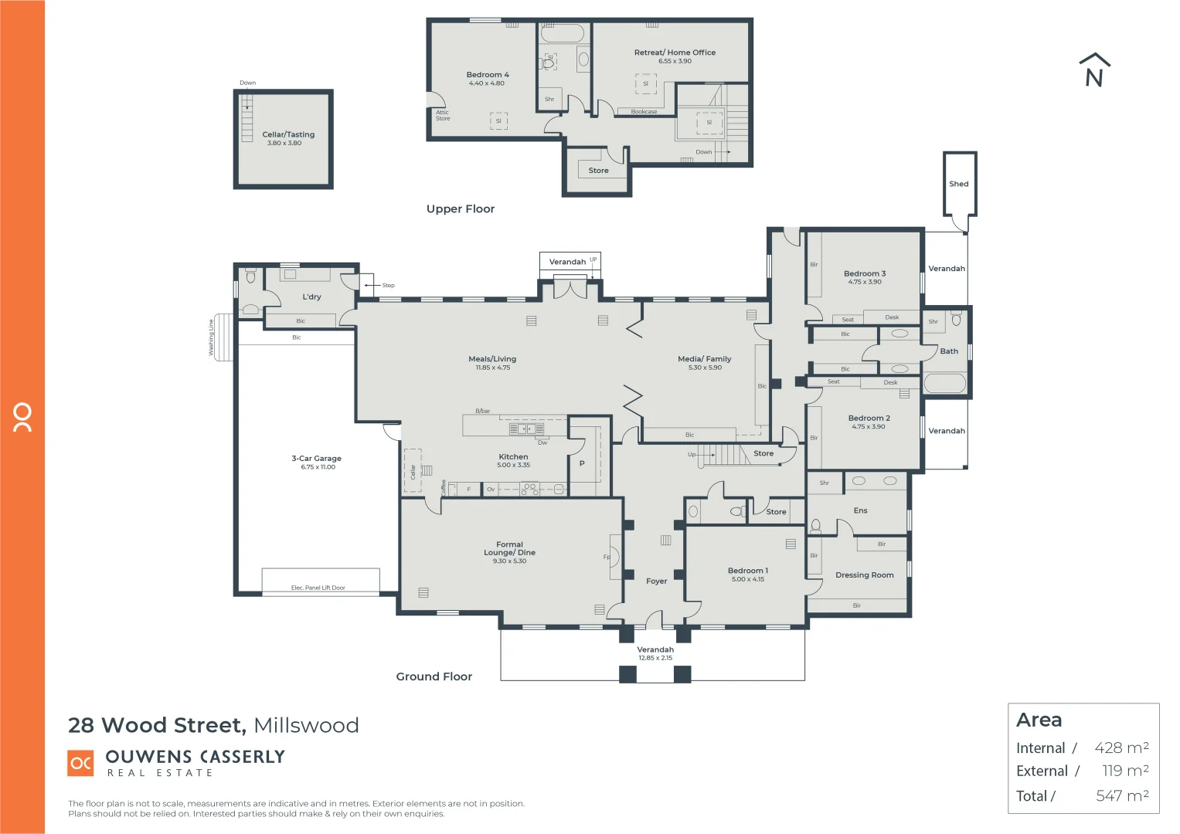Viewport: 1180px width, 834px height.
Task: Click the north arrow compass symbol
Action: tap(1094, 70)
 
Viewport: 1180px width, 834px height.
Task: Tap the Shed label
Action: tap(958, 184)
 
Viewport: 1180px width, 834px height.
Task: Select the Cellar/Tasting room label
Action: tap(288, 134)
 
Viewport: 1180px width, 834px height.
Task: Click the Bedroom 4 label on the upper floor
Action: tap(488, 75)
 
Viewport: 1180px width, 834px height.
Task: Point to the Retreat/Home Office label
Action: tap(675, 53)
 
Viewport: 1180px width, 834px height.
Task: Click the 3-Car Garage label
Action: tap(316, 459)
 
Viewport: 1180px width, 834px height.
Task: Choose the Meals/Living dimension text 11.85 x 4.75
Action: tap(492, 368)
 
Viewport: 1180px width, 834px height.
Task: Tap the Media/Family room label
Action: tap(704, 359)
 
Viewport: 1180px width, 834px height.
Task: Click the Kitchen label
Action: tap(513, 457)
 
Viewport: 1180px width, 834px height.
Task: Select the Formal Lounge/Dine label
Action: tap(509, 548)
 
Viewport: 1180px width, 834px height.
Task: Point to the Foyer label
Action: tap(656, 581)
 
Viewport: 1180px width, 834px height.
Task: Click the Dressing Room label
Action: tap(864, 575)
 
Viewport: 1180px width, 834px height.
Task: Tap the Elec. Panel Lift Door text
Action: tap(318, 588)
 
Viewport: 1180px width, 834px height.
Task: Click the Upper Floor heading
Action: tap(460, 209)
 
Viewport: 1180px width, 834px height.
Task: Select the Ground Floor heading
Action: tap(434, 676)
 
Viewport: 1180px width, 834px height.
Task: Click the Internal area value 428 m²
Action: tap(1120, 748)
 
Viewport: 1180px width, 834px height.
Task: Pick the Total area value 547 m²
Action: tap(1121, 795)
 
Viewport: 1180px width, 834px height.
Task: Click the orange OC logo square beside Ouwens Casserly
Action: tap(81, 763)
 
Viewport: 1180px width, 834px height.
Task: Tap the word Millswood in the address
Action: tap(306, 726)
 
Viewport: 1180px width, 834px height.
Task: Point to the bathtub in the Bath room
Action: tap(944, 384)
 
